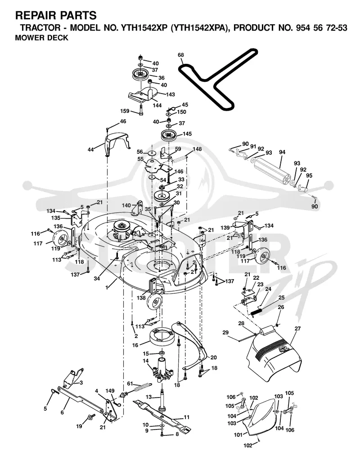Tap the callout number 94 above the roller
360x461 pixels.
click(282, 152)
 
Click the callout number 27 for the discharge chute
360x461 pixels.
click(297, 329)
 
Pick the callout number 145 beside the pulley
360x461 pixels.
click(187, 134)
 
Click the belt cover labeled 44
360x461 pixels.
click(117, 143)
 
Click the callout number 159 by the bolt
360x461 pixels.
click(125, 111)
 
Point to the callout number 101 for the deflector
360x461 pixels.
click(238, 435)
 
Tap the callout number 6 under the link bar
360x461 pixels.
click(62, 412)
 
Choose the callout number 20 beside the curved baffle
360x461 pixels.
click(214, 358)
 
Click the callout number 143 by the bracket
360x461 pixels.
click(170, 94)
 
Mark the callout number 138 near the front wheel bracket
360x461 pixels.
click(141, 298)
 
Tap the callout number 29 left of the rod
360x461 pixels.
click(225, 332)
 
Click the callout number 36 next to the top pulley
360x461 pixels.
click(162, 78)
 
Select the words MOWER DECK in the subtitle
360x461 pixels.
click(41, 38)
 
